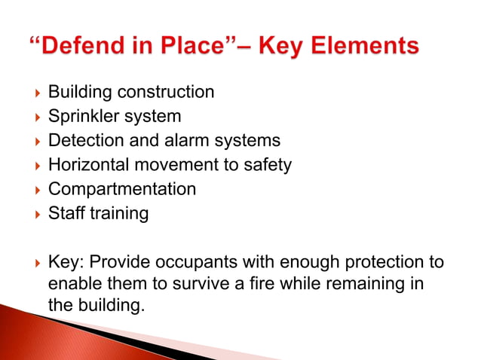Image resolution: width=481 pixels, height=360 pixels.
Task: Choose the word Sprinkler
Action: point(80,117)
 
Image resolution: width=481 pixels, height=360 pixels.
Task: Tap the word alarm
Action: point(182,141)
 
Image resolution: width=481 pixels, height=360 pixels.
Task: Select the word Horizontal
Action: point(85,165)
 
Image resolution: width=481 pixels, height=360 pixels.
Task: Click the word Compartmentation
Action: point(122,189)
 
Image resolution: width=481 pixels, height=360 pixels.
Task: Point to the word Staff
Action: point(63,213)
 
